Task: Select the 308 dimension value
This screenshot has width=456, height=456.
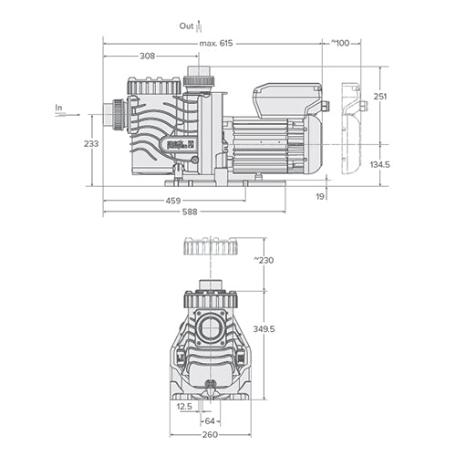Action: point(146,57)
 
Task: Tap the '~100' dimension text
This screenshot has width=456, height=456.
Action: point(339,44)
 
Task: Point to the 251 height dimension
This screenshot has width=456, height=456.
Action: point(380,97)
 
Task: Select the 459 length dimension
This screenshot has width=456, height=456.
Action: point(173,201)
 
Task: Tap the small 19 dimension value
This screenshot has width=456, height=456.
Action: point(321,195)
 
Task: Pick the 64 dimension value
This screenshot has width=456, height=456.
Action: point(211,421)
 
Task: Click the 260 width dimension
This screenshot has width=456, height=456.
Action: point(211,434)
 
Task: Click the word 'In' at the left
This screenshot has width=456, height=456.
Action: point(59,108)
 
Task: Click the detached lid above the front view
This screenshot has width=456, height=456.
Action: point(211,246)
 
